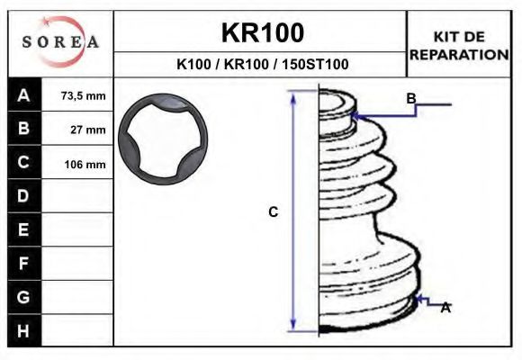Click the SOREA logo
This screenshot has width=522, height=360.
(60, 42)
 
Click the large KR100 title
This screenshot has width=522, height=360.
(263, 33)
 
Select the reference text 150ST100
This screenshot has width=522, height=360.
(315, 64)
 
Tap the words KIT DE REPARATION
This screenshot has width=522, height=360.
(459, 46)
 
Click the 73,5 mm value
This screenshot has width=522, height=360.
(83, 96)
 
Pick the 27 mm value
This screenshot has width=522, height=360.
(88, 130)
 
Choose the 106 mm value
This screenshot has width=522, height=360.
(85, 165)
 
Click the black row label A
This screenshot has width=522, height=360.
(24, 94)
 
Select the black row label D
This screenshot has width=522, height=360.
(24, 196)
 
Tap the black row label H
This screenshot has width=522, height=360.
(24, 330)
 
